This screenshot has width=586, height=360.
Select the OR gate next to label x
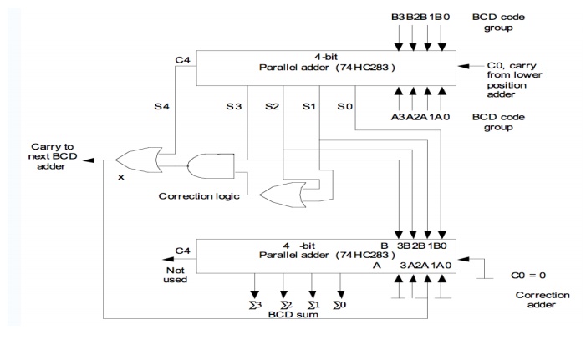pos(137,159)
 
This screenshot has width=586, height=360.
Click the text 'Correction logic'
pos(197,197)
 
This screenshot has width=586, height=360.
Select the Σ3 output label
pos(253,306)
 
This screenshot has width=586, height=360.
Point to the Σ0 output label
pos(340,306)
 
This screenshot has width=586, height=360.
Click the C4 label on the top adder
pos(183,59)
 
